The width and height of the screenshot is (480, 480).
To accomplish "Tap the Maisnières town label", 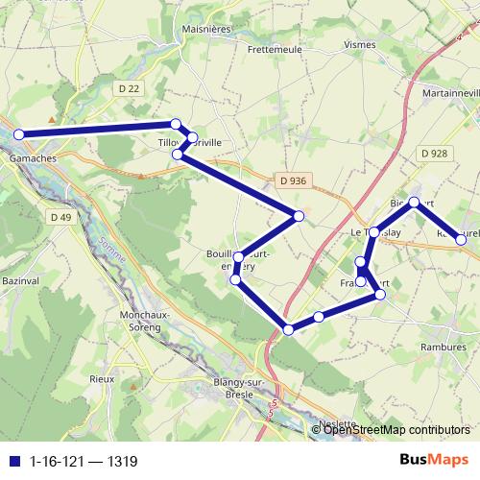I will [204, 29].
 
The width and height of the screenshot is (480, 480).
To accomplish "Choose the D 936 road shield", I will [295, 180].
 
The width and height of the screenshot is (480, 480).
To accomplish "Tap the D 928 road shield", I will [434, 154].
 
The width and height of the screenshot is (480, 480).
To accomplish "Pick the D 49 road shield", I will [60, 218].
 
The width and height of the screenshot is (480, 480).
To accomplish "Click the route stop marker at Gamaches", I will [18, 134].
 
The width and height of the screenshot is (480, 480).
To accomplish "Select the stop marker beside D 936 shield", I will [299, 216].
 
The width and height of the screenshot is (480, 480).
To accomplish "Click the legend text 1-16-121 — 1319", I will [84, 462].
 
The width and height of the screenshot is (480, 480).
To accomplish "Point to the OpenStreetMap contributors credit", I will [397, 429].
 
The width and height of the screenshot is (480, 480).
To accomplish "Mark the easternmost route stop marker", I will [462, 239].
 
